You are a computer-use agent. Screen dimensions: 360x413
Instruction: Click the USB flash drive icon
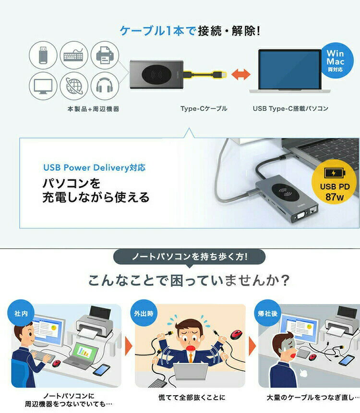43,55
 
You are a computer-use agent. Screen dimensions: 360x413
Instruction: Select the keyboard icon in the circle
73,55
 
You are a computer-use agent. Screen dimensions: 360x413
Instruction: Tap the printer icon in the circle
105,55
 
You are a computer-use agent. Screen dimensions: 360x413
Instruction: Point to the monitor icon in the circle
43,86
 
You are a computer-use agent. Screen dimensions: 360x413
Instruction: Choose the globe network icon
74,86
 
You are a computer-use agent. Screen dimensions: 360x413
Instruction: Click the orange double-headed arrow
240,74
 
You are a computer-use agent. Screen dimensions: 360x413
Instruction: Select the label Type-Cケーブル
204,108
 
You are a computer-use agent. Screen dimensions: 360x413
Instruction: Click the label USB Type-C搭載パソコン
290,108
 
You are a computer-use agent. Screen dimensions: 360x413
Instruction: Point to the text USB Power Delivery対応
95,167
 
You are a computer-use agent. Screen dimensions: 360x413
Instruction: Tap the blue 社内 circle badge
21,313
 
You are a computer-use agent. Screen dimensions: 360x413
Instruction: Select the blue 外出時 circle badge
144,313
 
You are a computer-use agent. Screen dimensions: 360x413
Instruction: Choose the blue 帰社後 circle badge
267,313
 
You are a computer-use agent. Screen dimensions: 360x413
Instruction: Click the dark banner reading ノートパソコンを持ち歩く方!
189,257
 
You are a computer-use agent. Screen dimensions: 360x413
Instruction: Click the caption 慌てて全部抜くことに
192,397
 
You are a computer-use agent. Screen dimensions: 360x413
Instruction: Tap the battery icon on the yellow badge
335,173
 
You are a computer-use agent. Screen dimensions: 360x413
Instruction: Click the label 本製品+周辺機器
93,109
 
